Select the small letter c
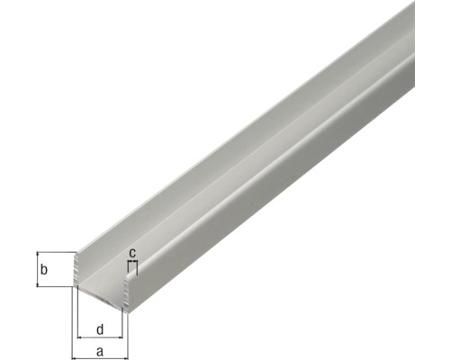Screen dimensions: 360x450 132,253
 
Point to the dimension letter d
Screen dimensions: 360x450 101,328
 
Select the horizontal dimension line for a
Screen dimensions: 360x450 100,343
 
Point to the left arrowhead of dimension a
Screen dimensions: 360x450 75,343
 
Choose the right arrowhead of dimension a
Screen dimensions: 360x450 126,343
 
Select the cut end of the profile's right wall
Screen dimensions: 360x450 127,288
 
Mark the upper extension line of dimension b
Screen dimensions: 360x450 54,251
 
